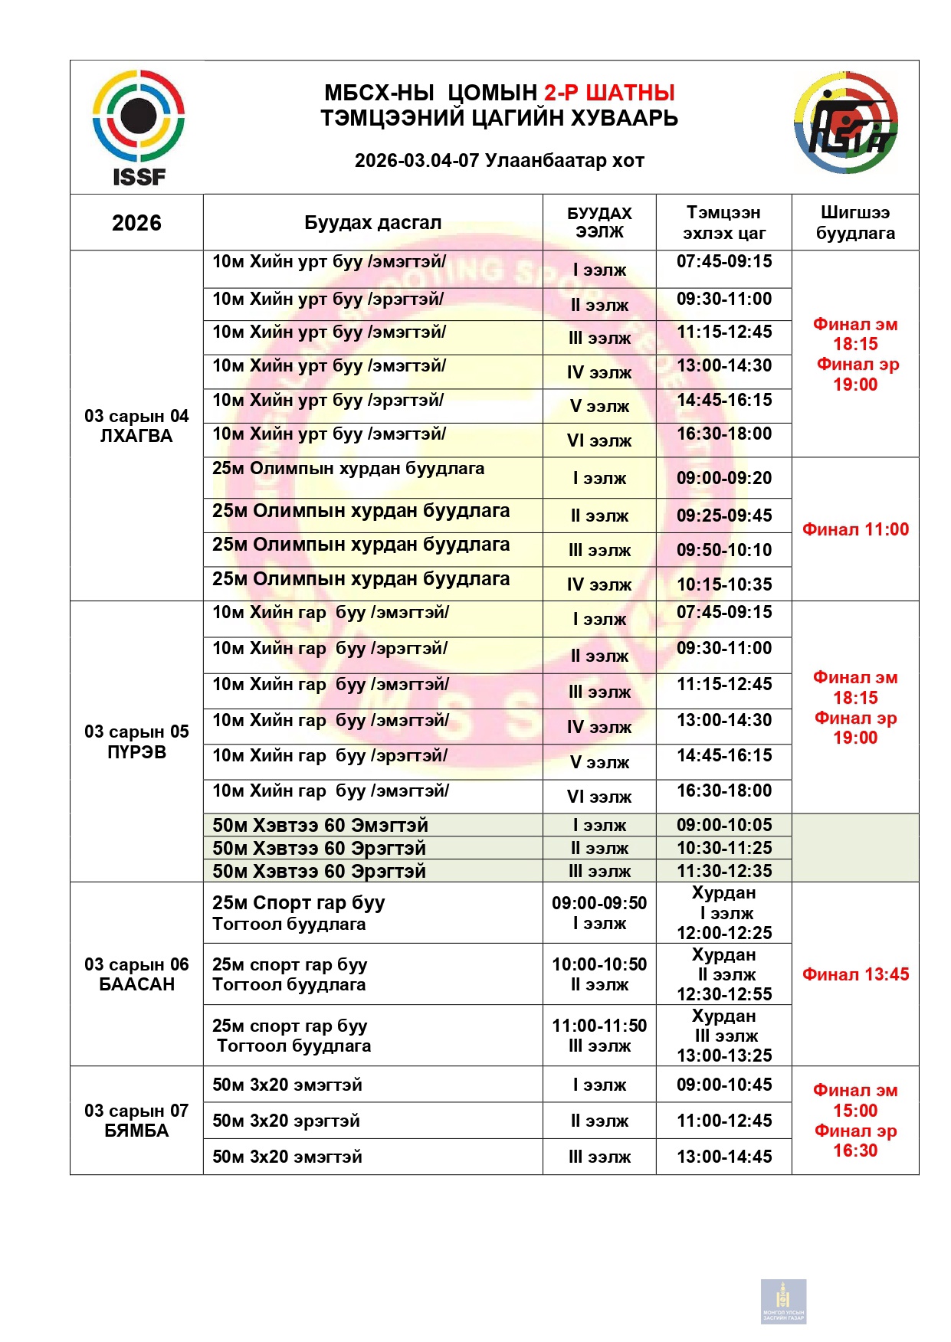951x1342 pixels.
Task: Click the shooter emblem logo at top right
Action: tap(846, 123)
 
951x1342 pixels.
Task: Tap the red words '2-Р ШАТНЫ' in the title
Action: tap(609, 93)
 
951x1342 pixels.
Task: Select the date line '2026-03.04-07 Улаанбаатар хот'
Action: tap(499, 161)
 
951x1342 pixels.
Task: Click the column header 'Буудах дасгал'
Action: tap(372, 223)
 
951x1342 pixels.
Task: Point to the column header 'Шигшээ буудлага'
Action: tap(855, 223)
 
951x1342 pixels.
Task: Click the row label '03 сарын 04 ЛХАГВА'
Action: tap(136, 426)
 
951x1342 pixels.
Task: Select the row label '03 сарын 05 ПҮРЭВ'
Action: tap(136, 741)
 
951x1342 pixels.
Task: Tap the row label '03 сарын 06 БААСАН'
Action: tap(136, 974)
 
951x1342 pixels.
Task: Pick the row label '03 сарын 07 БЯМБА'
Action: tap(136, 1121)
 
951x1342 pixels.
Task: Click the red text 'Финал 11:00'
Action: tap(855, 529)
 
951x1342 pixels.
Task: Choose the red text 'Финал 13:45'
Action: tap(855, 974)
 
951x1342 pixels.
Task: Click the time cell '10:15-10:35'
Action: tap(724, 584)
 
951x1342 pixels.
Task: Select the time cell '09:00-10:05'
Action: tap(724, 825)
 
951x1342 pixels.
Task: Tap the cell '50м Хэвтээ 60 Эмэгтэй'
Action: tap(320, 825)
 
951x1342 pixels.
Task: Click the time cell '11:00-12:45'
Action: tap(724, 1121)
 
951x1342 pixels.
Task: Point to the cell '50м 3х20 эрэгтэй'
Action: tap(286, 1121)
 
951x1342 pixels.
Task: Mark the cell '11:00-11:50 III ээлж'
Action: tap(599, 1036)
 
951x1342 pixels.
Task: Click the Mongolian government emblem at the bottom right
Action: tap(783, 1301)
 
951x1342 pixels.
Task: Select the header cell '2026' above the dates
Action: tap(136, 223)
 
